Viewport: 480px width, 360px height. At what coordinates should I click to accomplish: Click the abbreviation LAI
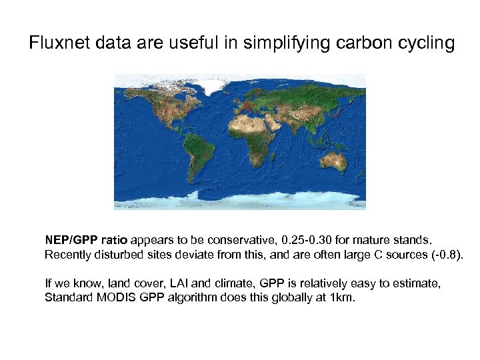(x=169, y=283)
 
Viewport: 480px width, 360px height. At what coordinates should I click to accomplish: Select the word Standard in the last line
(x=67, y=298)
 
